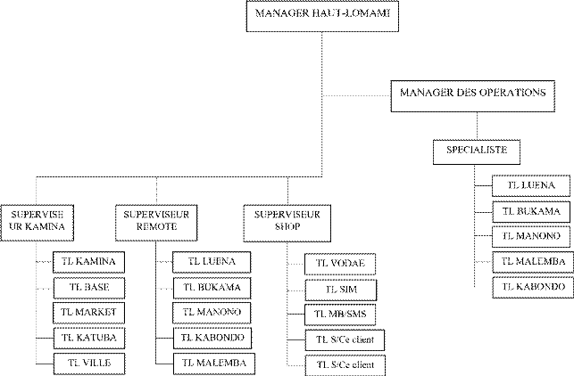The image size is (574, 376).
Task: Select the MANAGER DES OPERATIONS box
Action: point(473,93)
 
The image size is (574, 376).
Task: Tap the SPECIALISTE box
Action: point(477,150)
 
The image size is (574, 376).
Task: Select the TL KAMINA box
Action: point(89,262)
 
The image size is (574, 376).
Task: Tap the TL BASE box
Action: point(89,287)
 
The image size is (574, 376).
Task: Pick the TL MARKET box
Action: point(89,313)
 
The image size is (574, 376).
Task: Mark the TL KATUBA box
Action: point(89,338)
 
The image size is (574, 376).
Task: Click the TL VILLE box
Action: point(89,363)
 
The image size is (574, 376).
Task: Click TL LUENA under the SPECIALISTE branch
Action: point(530,186)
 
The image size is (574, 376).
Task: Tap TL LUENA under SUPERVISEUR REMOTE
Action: point(211,262)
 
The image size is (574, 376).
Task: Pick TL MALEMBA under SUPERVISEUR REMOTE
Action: point(211,363)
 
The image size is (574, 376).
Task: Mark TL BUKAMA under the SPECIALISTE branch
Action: point(530,212)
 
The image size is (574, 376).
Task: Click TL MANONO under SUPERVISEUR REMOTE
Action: point(211,313)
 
